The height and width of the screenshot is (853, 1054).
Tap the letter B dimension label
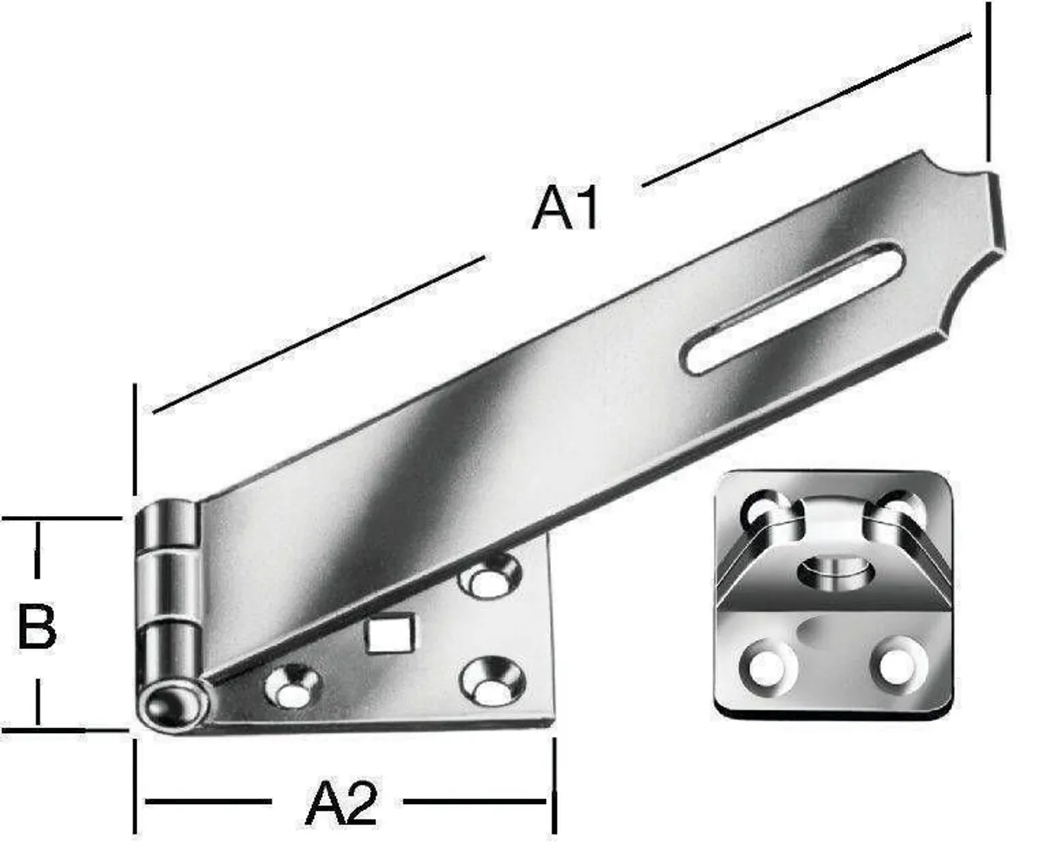(x=37, y=627)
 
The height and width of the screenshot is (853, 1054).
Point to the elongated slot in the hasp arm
(x=793, y=307)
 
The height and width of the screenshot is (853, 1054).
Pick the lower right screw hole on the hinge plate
(x=491, y=682)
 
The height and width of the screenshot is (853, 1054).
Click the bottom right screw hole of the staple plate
(x=897, y=665)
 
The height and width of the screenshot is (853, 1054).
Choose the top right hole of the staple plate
(x=899, y=508)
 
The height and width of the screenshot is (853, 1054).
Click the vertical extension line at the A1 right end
(x=988, y=84)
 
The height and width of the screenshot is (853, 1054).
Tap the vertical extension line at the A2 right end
(x=554, y=785)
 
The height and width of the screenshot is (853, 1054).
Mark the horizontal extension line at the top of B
(x=63, y=519)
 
